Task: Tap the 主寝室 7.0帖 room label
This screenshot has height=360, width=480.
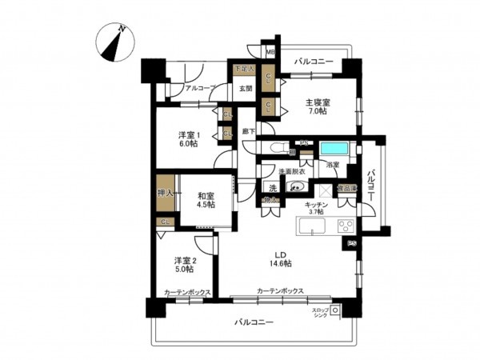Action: (x=314, y=106)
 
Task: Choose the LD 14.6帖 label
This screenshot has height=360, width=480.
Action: (x=279, y=259)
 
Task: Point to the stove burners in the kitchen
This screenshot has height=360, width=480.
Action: (x=346, y=226)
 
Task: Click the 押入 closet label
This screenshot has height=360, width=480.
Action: (x=165, y=193)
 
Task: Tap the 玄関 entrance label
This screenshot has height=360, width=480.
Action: (x=245, y=89)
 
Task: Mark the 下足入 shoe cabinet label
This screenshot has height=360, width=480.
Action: (x=242, y=70)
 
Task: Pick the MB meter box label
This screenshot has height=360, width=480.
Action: (x=270, y=54)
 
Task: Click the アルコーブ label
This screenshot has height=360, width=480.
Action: (x=198, y=88)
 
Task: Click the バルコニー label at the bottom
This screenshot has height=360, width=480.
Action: (x=254, y=322)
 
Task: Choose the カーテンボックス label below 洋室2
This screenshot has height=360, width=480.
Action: (x=187, y=292)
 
